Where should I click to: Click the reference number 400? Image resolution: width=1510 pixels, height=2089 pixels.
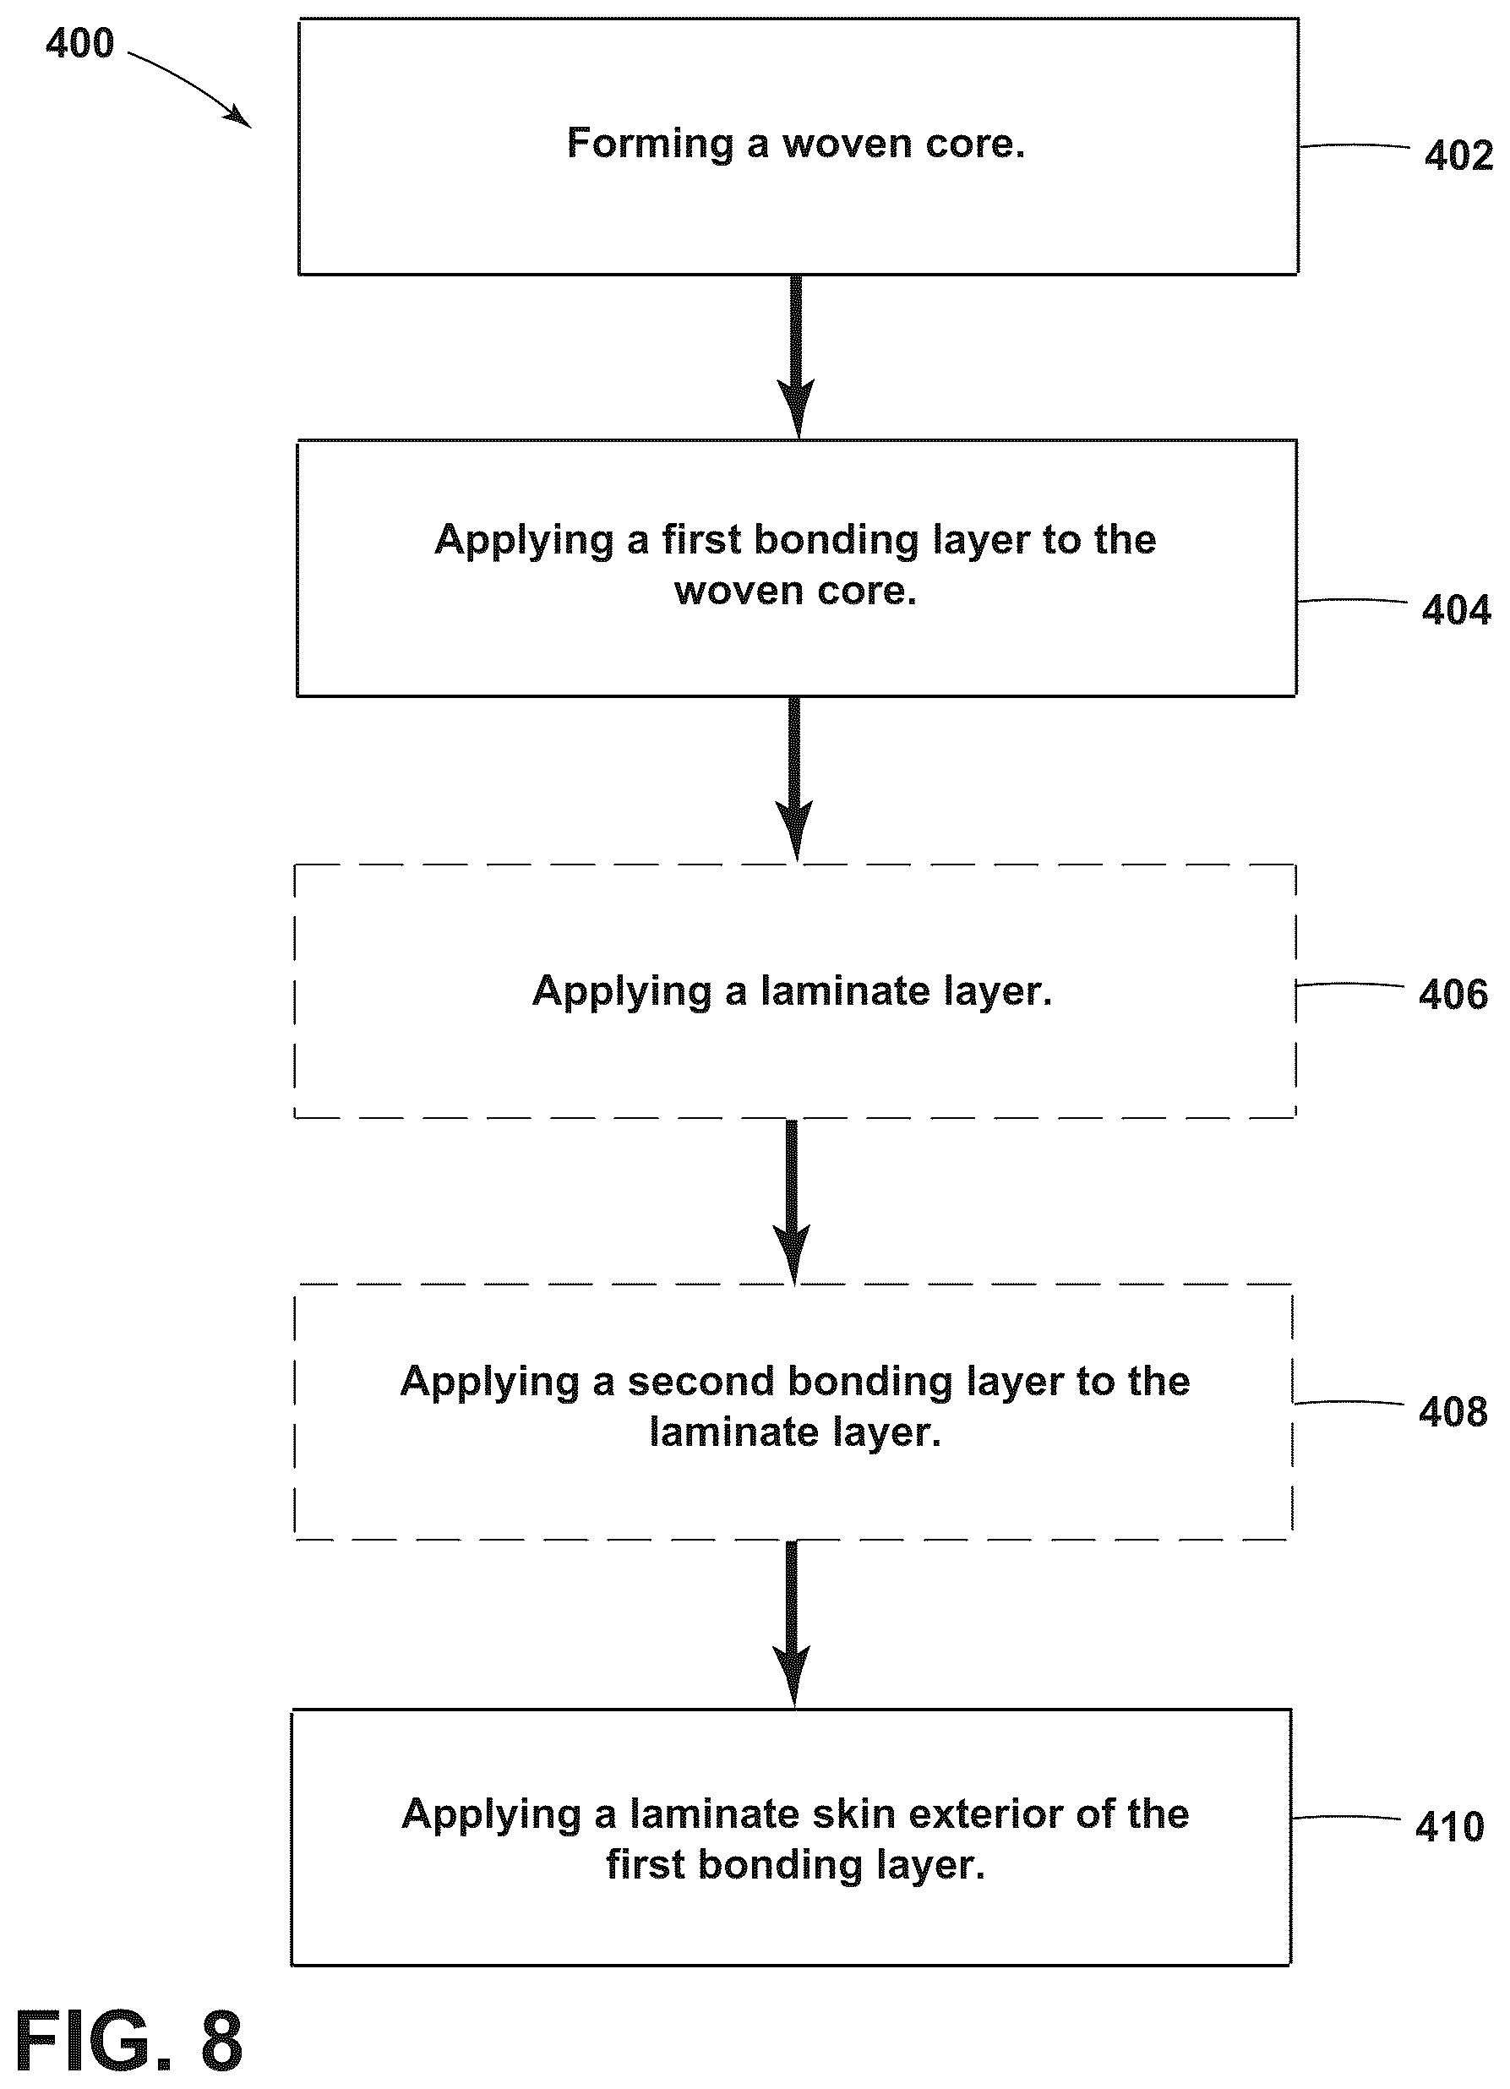(80, 43)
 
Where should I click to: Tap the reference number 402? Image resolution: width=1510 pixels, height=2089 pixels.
(1458, 155)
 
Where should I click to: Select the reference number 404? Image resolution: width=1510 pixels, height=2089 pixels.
(1456, 610)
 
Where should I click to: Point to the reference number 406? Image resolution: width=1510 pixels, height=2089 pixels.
(1453, 995)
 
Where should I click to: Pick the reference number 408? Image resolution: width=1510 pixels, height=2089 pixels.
(1453, 1412)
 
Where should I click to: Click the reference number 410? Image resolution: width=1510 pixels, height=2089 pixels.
(1450, 1827)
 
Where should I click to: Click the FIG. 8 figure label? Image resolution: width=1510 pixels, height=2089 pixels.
(129, 2042)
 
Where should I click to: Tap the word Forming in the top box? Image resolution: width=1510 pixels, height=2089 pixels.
(650, 144)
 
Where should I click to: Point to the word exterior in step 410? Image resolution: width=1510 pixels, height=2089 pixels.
(985, 1814)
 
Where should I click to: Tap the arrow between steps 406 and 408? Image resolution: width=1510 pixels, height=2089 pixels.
(792, 1202)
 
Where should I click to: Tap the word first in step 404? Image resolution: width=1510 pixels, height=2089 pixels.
(701, 540)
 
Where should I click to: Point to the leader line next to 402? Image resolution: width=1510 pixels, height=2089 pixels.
(1355, 145)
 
